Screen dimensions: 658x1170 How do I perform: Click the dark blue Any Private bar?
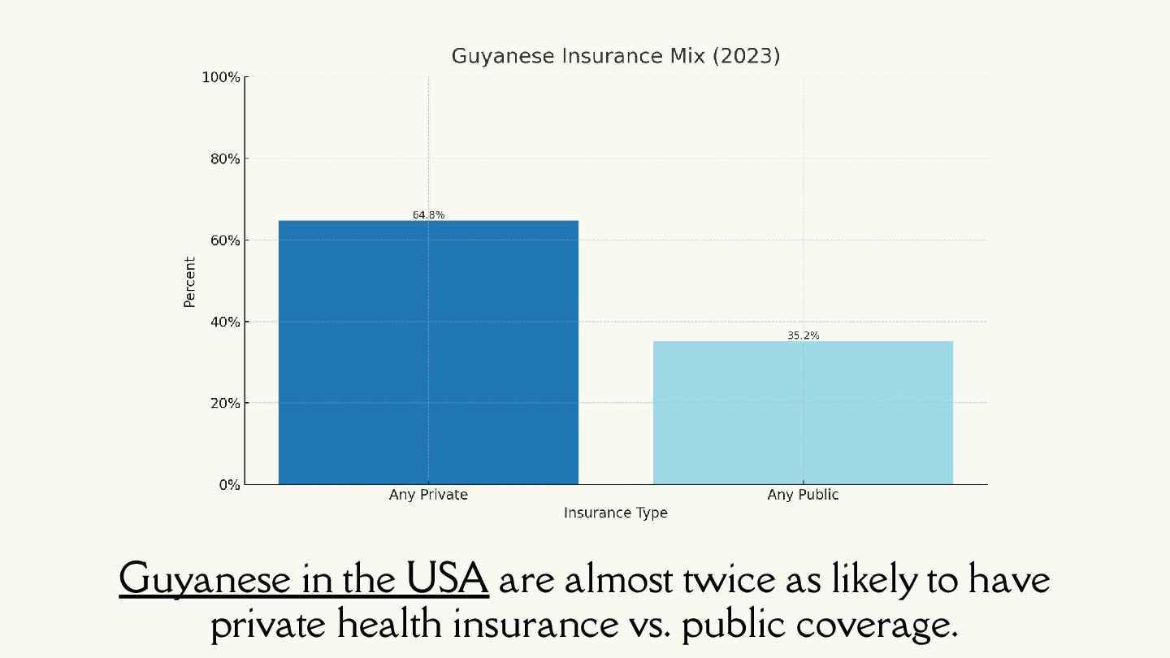(x=428, y=352)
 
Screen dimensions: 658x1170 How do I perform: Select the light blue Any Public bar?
(x=803, y=412)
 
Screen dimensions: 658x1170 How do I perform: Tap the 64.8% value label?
(x=428, y=215)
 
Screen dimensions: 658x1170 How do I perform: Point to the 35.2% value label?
(x=803, y=335)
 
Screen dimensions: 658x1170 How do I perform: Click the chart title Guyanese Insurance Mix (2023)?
(x=615, y=56)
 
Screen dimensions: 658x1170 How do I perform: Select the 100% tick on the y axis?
(x=221, y=77)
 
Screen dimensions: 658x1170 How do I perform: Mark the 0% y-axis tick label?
(x=227, y=485)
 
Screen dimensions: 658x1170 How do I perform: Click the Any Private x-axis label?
(x=428, y=495)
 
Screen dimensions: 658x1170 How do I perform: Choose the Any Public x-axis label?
(x=803, y=495)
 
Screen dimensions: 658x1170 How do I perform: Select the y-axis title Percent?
(x=190, y=282)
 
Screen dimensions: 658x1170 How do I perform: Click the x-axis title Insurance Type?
(x=615, y=513)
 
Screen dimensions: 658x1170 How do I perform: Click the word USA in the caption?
(x=448, y=578)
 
